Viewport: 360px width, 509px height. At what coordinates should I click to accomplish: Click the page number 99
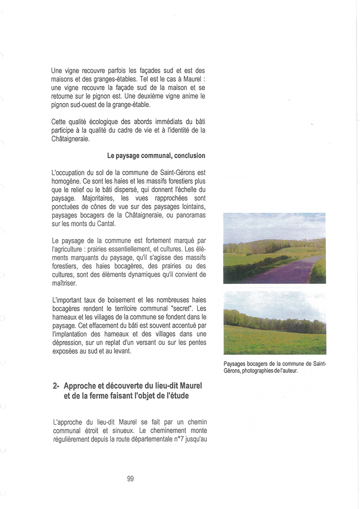click(x=130, y=479)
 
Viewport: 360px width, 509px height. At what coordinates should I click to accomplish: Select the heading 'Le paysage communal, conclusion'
click(x=156, y=156)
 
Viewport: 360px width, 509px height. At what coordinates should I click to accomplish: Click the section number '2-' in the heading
click(x=57, y=386)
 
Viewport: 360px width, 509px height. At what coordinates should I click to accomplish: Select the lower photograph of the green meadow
click(x=274, y=323)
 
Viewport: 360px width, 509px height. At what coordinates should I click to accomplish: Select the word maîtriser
click(x=65, y=283)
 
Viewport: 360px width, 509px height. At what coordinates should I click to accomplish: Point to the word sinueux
click(x=108, y=430)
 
